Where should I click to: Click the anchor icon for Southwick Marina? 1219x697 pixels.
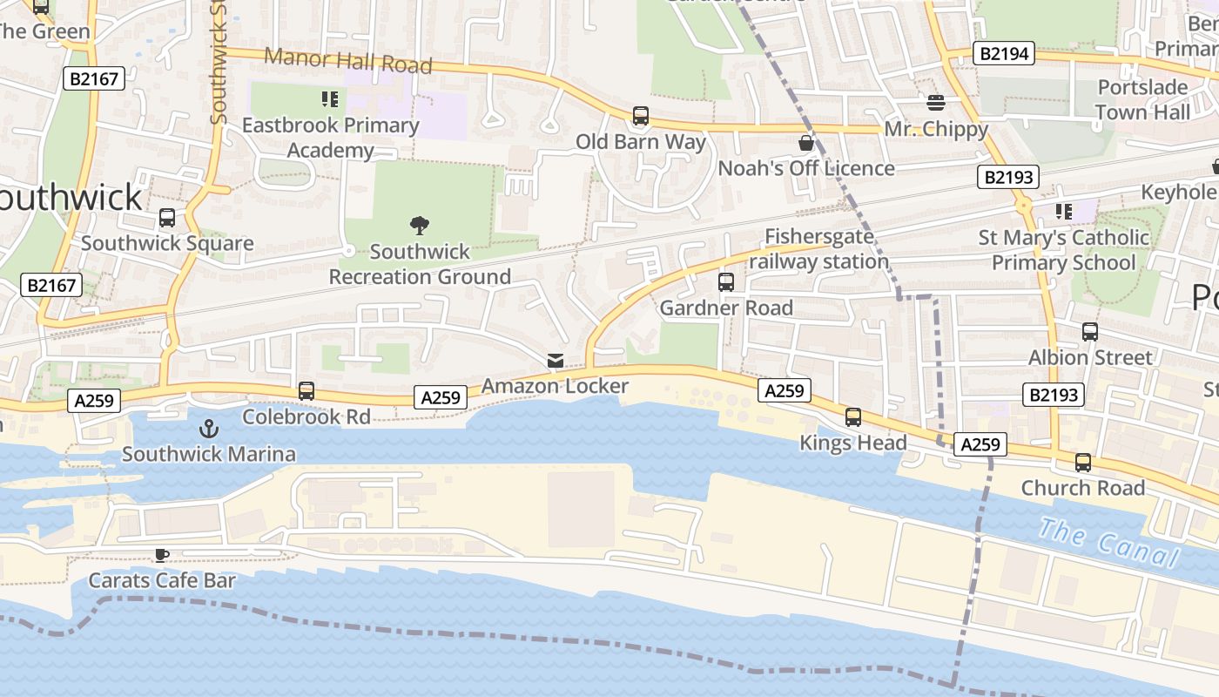coord(208,428)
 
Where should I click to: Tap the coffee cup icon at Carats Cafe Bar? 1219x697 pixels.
coord(161,555)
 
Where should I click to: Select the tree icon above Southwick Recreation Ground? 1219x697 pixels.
coord(420,226)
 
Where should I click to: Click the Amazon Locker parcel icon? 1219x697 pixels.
coord(555,361)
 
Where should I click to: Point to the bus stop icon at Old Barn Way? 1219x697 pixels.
coord(641,115)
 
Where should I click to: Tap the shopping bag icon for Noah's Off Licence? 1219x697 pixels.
coord(806,142)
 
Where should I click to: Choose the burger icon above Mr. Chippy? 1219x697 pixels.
coord(936,103)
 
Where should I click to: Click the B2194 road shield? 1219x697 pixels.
coord(1004,54)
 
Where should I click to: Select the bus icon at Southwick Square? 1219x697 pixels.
coord(167,218)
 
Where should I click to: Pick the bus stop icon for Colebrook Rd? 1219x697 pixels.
coord(306,391)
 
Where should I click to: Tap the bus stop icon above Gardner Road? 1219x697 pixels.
coord(726,282)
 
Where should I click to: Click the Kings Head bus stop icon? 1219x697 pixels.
coord(853,417)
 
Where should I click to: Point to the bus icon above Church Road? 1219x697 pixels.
coord(1083,463)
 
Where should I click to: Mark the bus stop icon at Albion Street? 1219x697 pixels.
coord(1090,332)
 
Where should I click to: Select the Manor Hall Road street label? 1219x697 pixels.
coord(348,61)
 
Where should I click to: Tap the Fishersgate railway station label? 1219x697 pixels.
coord(818,249)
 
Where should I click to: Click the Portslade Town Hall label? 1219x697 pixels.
coord(1142,99)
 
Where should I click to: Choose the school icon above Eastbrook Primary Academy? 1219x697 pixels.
coord(330,99)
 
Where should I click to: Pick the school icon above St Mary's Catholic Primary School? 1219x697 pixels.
coord(1063,211)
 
